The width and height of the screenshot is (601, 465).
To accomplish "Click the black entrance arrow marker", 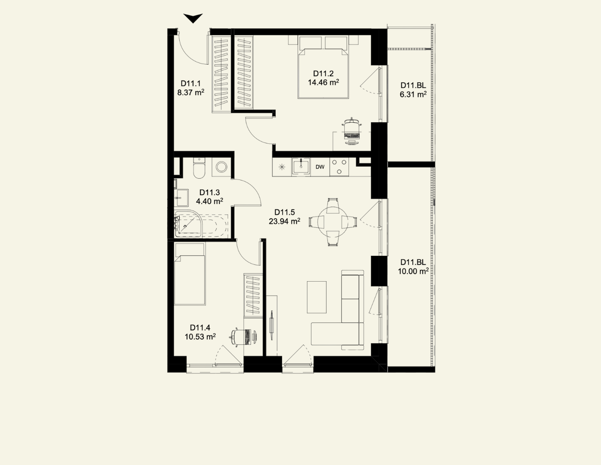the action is tap(193, 18).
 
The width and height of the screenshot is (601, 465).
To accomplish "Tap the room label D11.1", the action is tap(190, 83).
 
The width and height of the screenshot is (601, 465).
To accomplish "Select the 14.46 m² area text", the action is tap(323, 82).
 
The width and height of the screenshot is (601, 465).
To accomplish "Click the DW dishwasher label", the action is tap(320, 167).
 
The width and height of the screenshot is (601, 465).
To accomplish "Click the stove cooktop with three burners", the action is tap(339, 167).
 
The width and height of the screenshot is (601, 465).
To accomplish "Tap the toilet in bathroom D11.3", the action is tap(199, 168).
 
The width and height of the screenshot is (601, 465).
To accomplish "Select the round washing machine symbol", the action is tap(222, 167).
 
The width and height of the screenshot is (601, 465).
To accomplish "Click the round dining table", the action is tap(333, 222).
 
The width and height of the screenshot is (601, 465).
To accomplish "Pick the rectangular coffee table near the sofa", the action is tap(317, 297).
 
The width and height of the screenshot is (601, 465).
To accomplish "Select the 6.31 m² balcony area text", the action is tap(413, 94).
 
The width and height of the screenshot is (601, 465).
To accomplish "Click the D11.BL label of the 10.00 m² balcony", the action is tap(413, 262).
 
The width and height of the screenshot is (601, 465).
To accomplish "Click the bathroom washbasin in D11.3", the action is tap(182, 198).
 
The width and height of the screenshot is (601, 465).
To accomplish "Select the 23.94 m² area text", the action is tap(285, 221).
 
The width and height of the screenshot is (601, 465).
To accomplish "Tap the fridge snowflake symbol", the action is tap(282, 167).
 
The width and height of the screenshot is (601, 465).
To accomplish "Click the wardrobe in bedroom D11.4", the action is tap(253, 295).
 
